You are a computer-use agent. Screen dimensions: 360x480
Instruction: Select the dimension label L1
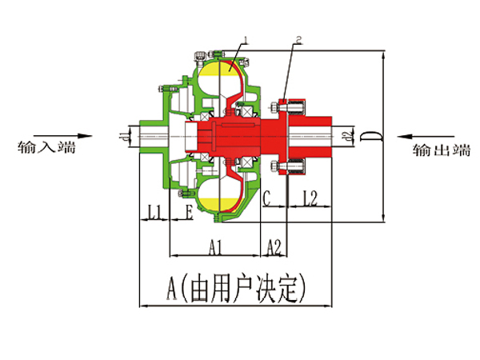coord(155,212)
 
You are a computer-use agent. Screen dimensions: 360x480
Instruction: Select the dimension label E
coord(189,212)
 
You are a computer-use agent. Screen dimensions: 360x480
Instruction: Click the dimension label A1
coord(215,247)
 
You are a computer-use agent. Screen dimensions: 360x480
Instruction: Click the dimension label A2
coord(274,247)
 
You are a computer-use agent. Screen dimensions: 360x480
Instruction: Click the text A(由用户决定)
coord(236,286)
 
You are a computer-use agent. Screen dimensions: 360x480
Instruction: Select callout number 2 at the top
coord(298,38)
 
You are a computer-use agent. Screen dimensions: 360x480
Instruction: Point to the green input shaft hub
coord(152,134)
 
